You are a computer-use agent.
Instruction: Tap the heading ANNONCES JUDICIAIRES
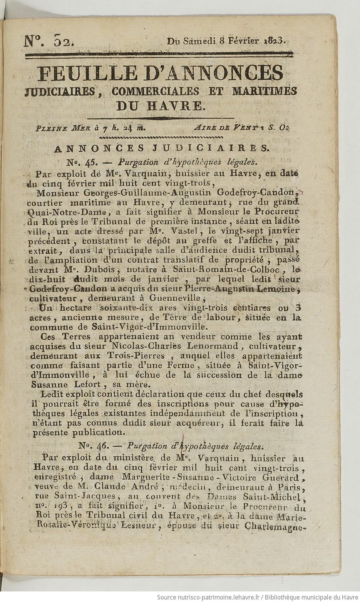click(161, 147)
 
